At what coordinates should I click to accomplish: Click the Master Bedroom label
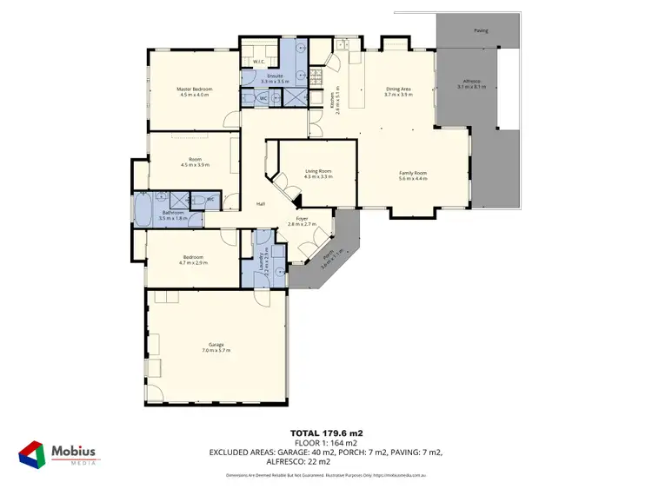click(x=194, y=89)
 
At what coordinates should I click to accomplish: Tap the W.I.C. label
click(x=258, y=62)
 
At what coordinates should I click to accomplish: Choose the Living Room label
click(x=317, y=172)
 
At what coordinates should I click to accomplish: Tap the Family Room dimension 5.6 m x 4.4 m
click(x=413, y=179)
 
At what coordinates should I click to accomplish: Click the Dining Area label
click(x=398, y=89)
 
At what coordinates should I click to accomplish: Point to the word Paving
click(x=481, y=30)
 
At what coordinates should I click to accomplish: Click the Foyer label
click(x=302, y=218)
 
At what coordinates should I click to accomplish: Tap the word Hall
click(x=260, y=204)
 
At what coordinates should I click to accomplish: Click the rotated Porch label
click(x=328, y=257)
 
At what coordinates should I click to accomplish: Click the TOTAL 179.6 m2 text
click(x=326, y=432)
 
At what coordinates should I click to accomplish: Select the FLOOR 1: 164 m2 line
click(x=326, y=441)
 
